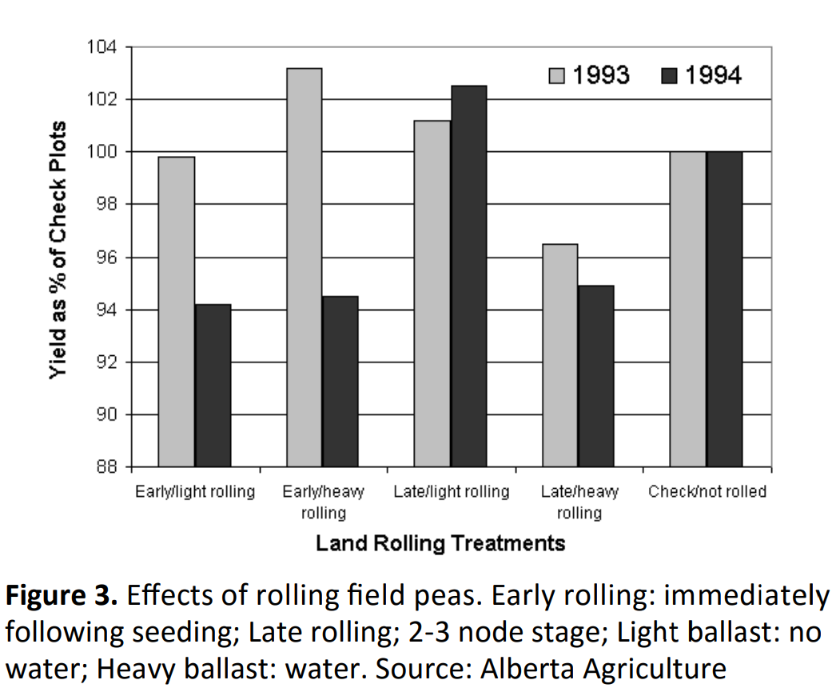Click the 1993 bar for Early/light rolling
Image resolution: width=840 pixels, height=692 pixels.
177,311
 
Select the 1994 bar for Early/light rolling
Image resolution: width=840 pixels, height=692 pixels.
213,386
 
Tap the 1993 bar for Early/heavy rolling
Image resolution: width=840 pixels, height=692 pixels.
304,267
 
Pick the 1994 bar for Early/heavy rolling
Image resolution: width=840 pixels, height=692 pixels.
340,382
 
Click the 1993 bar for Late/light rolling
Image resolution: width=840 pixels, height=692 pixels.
432,294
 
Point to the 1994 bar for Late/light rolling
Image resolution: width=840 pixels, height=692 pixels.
468,276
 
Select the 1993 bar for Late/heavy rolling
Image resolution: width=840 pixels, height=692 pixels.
559,355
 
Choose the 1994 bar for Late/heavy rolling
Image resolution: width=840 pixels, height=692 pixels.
596,376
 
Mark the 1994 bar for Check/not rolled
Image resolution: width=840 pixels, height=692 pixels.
724,309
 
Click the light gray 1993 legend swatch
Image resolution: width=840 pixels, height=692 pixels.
557,76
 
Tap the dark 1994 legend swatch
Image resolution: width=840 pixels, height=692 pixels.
670,76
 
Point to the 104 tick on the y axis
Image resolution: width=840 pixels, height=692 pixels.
105,47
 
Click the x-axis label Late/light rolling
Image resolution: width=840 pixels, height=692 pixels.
451,491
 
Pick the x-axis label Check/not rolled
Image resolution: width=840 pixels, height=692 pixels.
707,491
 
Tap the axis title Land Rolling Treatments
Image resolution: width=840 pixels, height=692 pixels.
440,544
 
